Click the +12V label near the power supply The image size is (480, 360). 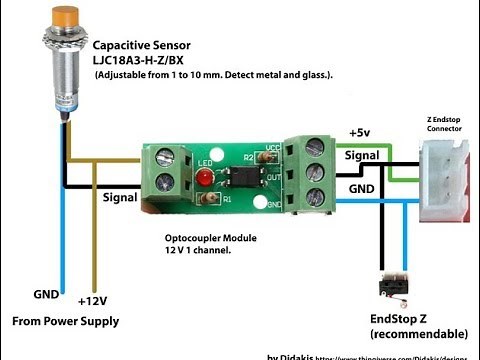click(94, 299)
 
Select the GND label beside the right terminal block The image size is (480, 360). click(362, 188)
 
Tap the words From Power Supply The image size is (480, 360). click(65, 321)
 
